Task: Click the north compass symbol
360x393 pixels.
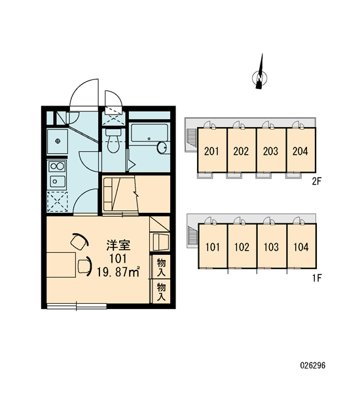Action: tap(260, 75)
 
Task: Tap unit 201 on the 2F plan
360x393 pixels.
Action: tap(212, 150)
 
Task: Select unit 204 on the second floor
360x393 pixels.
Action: tap(301, 150)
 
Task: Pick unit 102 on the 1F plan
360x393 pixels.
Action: tap(242, 246)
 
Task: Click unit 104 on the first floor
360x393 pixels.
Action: tap(301, 246)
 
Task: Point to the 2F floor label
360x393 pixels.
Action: tap(316, 181)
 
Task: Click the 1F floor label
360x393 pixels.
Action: tap(317, 278)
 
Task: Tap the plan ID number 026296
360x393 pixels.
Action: tap(313, 365)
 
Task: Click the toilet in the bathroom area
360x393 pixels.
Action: tap(113, 141)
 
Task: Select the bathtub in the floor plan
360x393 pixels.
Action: tap(149, 133)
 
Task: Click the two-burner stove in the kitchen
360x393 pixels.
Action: tap(58, 166)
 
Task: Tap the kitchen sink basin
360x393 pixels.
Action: tap(58, 181)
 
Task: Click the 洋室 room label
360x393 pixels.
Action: tap(118, 245)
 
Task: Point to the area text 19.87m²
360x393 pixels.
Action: tap(118, 272)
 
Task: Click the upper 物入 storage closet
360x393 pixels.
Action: tap(161, 267)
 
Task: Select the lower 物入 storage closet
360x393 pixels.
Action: tap(161, 291)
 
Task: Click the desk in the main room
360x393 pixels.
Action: tap(61, 265)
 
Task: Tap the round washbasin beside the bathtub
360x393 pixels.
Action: tap(162, 147)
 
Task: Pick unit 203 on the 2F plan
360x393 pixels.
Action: tap(272, 150)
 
